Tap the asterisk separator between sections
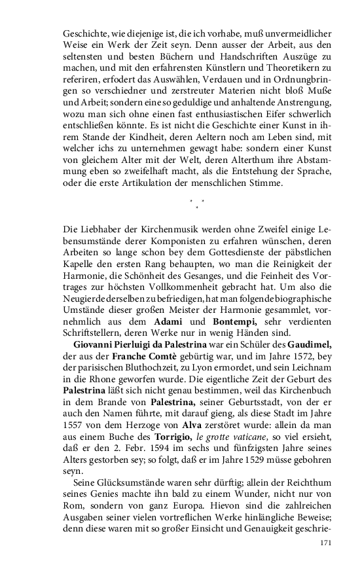(x=197, y=206)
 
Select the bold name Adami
(x=168, y=322)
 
